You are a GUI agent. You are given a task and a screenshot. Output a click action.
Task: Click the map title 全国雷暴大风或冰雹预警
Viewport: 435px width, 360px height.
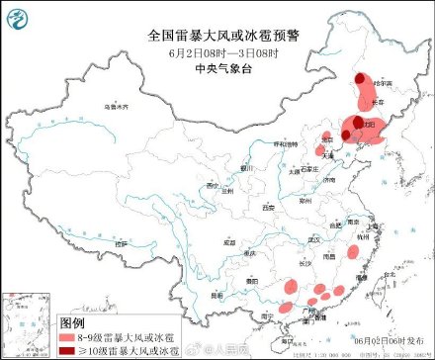pyautogui.click(x=217, y=35)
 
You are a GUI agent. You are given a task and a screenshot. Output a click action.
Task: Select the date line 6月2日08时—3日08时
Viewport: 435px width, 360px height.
pyautogui.click(x=217, y=52)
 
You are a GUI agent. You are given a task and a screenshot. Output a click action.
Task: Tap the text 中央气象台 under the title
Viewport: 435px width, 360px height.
pyautogui.click(x=217, y=68)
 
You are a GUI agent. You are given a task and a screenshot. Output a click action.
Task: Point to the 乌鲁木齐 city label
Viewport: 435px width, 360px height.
pyautogui.click(x=117, y=106)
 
